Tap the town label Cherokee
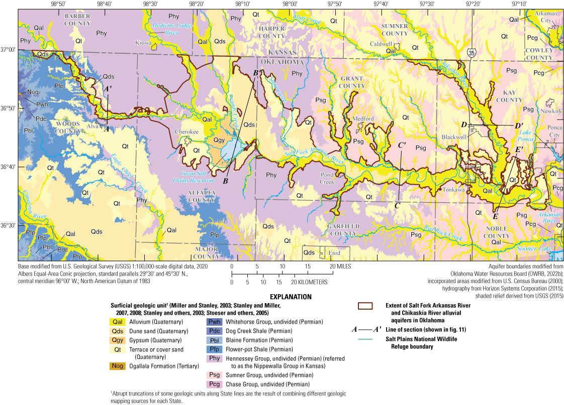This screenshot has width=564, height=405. point(183,132)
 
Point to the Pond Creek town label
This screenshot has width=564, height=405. point(327,179)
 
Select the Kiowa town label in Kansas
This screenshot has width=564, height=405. point(143,43)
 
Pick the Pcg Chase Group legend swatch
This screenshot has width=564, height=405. point(213,384)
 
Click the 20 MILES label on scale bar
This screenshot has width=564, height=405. point(340,266)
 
